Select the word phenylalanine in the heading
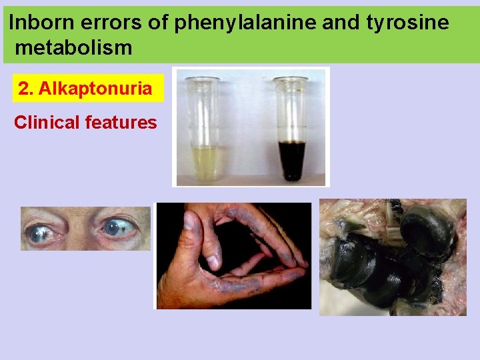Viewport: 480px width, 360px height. pyautogui.click(x=245, y=24)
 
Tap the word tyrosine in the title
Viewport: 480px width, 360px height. pyautogui.click(x=407, y=24)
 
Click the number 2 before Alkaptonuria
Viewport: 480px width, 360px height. pyautogui.click(x=25, y=89)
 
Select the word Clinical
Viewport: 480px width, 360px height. pyautogui.click(x=46, y=123)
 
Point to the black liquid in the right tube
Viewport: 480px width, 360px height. pyautogui.click(x=292, y=160)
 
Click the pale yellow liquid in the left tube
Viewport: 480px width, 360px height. pyautogui.click(x=205, y=162)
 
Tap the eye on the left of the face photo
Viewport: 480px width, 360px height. pyautogui.click(x=41, y=231)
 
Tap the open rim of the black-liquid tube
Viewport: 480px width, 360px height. pyautogui.click(x=291, y=80)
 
